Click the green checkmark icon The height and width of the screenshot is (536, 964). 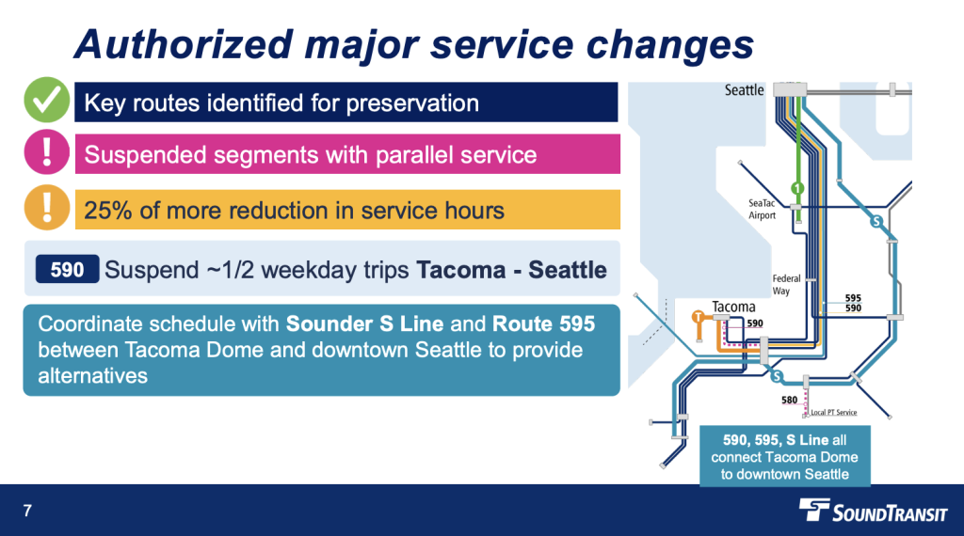[47, 100]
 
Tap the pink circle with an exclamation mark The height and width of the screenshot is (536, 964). [47, 151]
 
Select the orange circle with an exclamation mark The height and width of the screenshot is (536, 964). [47, 208]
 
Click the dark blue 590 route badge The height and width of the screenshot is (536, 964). [67, 270]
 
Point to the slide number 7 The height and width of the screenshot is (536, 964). [27, 511]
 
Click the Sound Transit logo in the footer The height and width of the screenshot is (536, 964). [873, 511]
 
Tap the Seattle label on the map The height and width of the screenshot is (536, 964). [744, 90]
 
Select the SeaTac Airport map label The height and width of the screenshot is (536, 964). [762, 210]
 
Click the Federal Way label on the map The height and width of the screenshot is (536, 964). [786, 284]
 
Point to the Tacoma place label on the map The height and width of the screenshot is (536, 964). [733, 307]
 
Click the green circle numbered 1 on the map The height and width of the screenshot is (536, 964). [797, 188]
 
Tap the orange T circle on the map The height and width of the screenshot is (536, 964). [698, 317]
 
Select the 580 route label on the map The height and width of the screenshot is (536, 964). [790, 401]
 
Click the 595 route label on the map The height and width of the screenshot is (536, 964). [853, 298]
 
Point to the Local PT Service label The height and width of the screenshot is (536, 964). [834, 413]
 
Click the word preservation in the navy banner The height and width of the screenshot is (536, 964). [412, 103]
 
